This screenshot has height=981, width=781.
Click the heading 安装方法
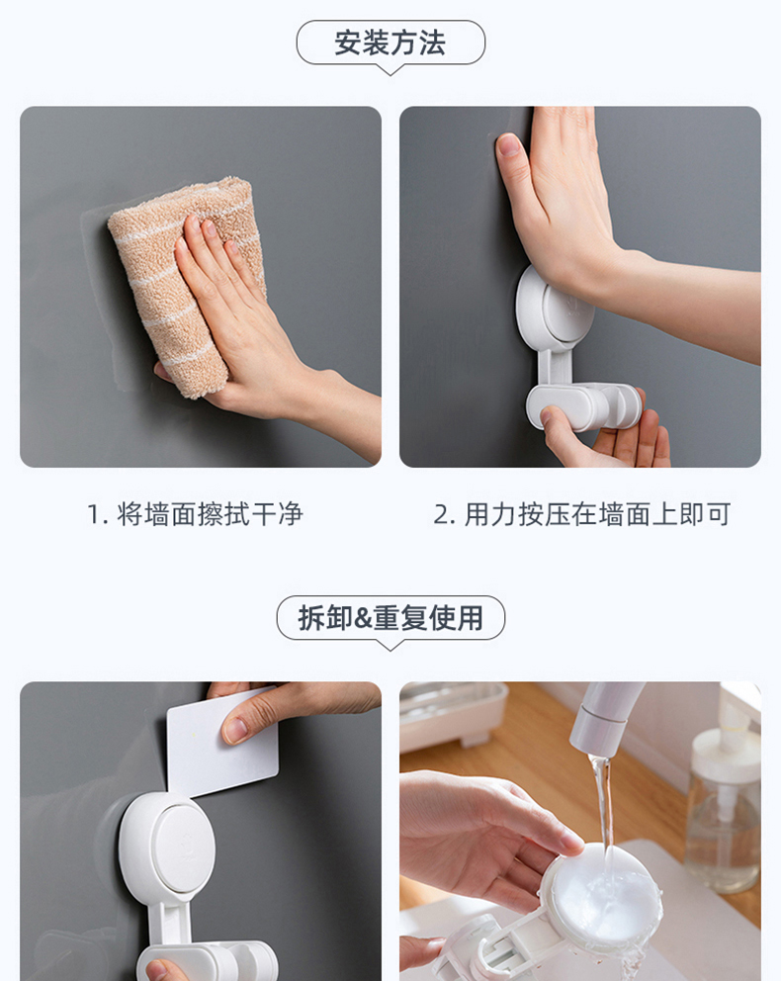point(390,44)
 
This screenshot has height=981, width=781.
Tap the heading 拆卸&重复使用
point(390,618)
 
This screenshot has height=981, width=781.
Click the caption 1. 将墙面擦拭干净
point(195,514)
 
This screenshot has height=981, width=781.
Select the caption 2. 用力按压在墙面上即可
point(581,514)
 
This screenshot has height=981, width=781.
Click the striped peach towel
point(188,282)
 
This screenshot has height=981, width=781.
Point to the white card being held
point(222,742)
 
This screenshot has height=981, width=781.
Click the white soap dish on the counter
point(454,713)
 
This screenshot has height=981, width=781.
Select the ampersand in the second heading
point(363,619)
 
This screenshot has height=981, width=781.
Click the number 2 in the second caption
point(441,515)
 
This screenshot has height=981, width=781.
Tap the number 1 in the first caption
point(94,515)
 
